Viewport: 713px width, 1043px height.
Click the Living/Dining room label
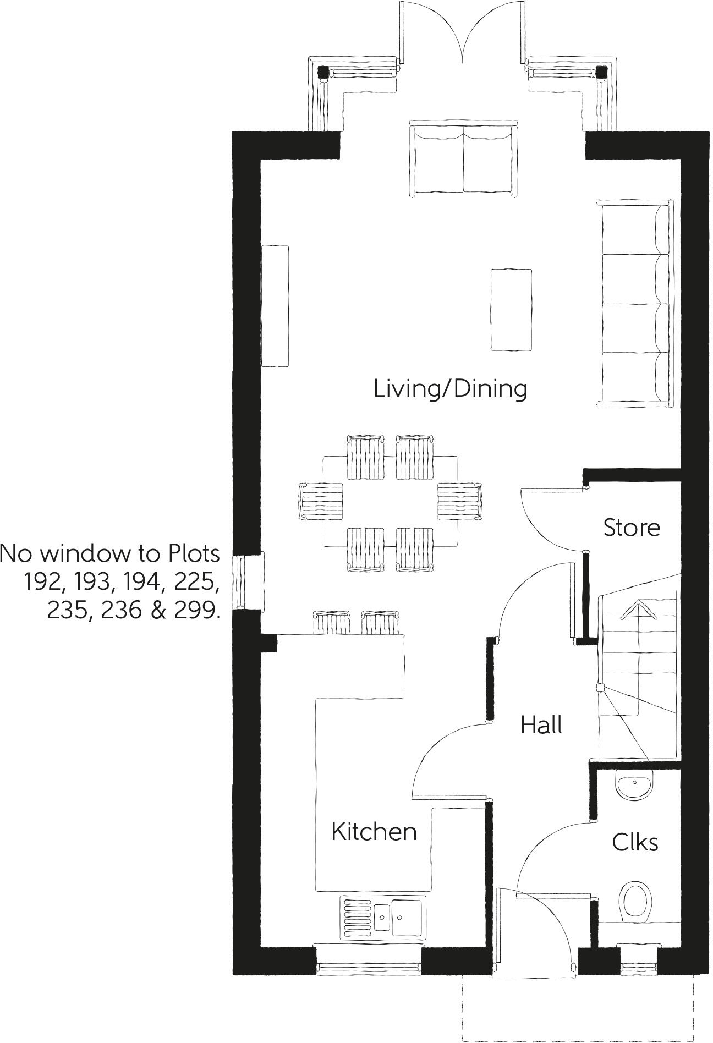coord(449,388)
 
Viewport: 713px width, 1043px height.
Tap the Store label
coord(631,527)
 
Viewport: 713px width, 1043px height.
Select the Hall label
coord(541,724)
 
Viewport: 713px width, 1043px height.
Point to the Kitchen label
coord(374,831)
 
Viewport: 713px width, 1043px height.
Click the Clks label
coord(635,842)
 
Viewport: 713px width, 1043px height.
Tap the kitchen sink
coord(383,917)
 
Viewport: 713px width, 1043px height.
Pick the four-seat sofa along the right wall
coord(635,303)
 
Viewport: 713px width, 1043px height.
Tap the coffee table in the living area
coord(511,309)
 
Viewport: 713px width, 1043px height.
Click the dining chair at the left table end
coord(320,501)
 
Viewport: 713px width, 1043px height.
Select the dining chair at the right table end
coord(460,501)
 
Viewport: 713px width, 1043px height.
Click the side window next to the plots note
coord(241,582)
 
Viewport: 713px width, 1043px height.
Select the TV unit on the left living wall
coord(275,306)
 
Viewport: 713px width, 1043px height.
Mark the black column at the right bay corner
coord(602,72)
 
